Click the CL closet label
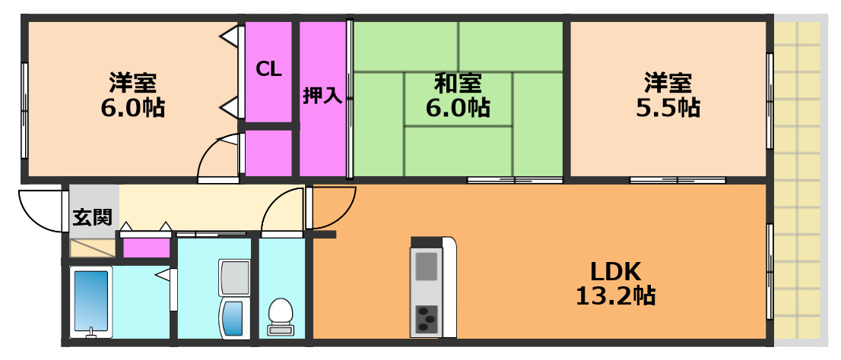tap(268, 69)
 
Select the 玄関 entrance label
tap(92, 217)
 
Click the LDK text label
tap(614, 270)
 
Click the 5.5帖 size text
tap(668, 107)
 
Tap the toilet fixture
tap(281, 316)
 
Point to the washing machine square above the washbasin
tap(234, 278)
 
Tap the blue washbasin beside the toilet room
tap(233, 318)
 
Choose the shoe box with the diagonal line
tap(92, 248)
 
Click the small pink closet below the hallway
tap(147, 248)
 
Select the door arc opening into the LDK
tap(333, 207)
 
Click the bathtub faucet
tap(90, 332)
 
